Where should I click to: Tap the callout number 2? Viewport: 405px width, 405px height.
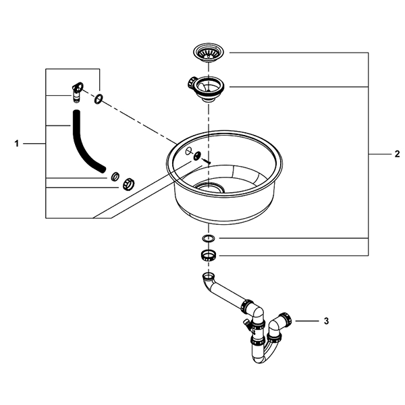click(397, 155)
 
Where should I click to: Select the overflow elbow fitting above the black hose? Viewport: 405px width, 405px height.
click(76, 90)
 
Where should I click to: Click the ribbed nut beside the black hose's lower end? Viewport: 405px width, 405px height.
click(128, 183)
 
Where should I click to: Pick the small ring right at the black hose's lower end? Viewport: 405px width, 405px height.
click(115, 176)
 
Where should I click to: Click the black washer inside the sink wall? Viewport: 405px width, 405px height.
click(197, 156)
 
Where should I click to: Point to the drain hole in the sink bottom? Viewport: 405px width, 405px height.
click(213, 186)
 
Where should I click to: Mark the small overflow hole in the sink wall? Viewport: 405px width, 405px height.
click(188, 151)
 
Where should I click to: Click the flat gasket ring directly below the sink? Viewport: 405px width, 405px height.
click(209, 240)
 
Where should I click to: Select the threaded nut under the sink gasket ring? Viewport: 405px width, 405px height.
click(209, 255)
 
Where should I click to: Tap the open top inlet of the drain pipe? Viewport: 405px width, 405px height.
click(208, 277)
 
